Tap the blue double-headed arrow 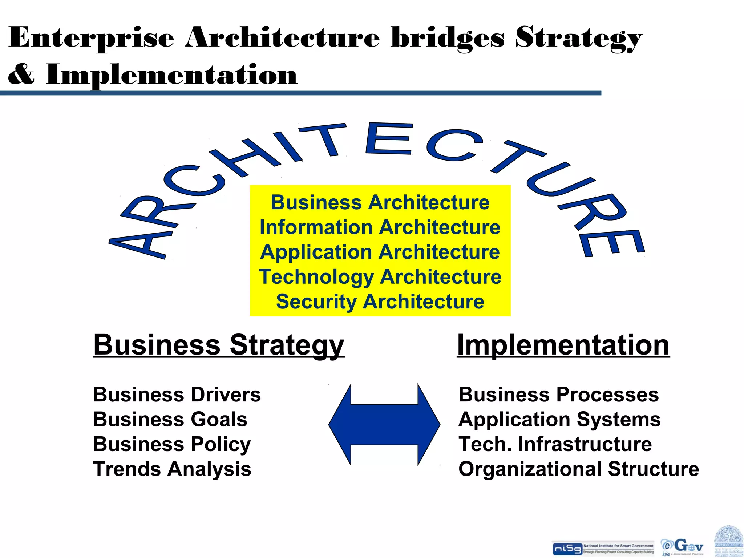[x=384, y=424]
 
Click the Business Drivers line [x=177, y=395]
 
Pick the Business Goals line [x=170, y=419]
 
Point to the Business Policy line [x=172, y=444]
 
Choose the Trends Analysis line [x=172, y=469]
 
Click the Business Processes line [x=558, y=395]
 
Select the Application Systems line [x=559, y=419]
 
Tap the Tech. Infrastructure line [x=555, y=444]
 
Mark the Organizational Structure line [x=579, y=469]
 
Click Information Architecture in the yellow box [x=380, y=227]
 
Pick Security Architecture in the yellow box [x=380, y=302]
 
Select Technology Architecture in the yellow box [x=380, y=277]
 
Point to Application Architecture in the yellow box [x=380, y=252]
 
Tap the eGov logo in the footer [x=682, y=547]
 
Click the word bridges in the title [x=448, y=38]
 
